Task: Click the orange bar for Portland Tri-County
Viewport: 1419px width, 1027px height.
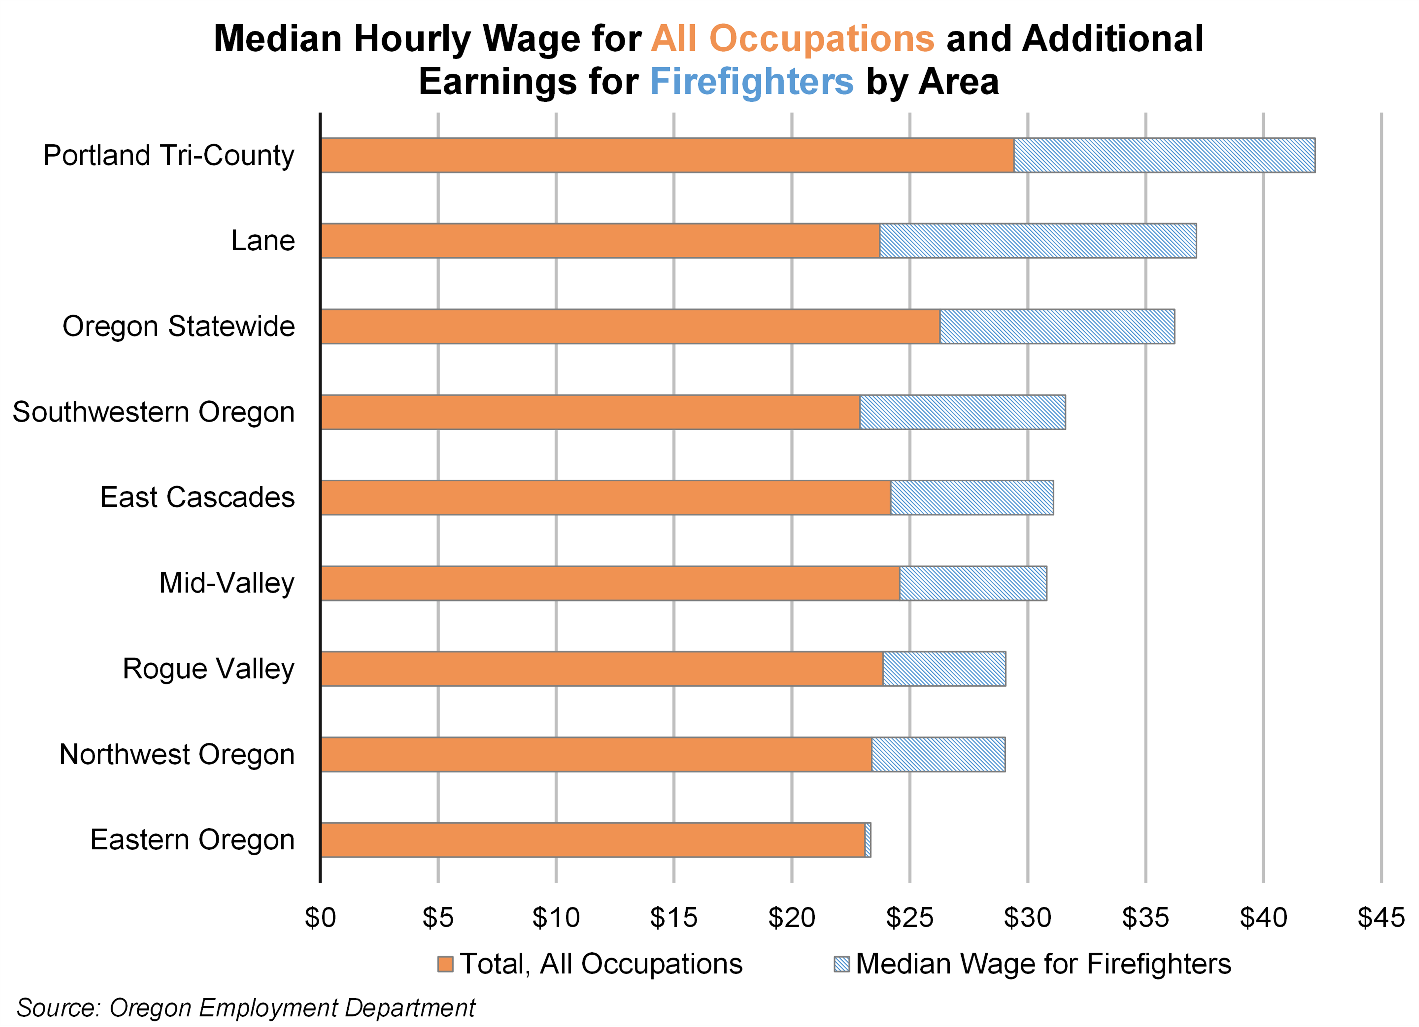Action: click(666, 155)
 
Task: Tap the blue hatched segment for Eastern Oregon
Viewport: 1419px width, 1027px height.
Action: click(868, 840)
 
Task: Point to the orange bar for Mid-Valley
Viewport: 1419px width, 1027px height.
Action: click(610, 583)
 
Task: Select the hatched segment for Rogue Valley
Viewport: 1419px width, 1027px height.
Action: click(944, 669)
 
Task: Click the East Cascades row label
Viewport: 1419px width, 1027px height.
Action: click(197, 497)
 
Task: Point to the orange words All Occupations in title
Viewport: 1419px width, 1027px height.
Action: click(793, 39)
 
